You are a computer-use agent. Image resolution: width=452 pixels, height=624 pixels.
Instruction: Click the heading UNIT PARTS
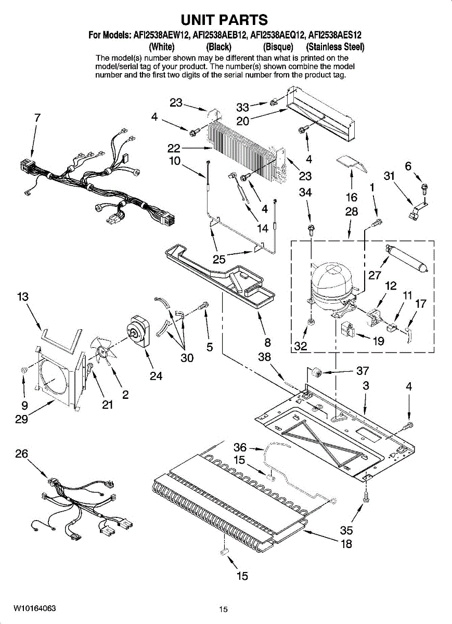224,20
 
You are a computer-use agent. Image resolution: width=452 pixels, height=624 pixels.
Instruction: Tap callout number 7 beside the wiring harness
37,118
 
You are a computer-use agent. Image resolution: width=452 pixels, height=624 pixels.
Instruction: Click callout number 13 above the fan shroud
22,297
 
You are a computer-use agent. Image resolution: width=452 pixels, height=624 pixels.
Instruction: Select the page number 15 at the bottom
224,609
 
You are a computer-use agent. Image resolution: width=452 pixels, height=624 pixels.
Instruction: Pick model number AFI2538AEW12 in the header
161,35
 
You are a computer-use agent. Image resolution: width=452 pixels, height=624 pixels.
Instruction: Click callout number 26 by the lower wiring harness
21,453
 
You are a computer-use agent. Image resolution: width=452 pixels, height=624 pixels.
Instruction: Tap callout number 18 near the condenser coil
346,544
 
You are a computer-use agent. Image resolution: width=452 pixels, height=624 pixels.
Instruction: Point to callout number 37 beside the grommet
363,371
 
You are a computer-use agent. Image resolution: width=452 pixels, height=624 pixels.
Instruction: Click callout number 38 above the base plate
265,357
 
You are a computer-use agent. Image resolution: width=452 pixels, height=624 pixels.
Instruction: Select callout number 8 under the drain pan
267,343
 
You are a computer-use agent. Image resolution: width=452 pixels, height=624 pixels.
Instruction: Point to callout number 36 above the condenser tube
240,447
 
